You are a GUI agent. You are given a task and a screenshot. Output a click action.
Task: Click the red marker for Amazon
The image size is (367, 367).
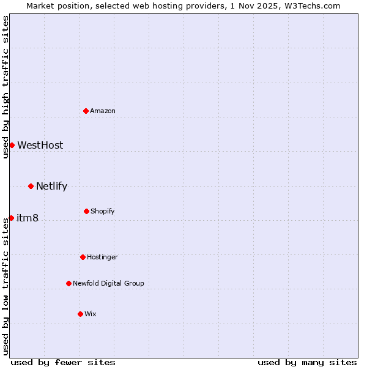point(86,111)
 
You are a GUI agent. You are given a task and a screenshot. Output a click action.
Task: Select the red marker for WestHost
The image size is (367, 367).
point(12,145)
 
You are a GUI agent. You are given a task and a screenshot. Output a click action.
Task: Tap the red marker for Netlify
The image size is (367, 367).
point(31,186)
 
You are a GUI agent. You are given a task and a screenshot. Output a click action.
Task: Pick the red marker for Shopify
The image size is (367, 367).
point(86,211)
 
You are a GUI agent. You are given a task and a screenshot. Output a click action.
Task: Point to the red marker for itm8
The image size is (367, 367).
point(11,218)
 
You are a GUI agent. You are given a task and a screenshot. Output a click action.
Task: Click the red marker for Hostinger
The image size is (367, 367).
point(83,257)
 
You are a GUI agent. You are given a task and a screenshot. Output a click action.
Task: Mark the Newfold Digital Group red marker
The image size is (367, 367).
point(69,283)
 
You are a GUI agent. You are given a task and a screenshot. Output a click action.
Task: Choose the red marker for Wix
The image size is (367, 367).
point(80,314)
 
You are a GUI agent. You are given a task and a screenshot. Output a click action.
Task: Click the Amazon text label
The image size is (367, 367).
point(103,111)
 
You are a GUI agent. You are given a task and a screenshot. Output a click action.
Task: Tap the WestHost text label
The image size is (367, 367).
point(40,145)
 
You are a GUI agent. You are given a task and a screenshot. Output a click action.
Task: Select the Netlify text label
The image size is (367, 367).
point(51,186)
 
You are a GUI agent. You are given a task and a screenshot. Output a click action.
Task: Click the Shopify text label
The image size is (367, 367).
point(103,211)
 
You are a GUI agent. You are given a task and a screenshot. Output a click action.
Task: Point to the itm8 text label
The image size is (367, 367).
point(28,218)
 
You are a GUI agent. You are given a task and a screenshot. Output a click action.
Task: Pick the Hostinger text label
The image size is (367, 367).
point(102,257)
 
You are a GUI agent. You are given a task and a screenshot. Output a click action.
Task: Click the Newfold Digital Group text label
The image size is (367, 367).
point(108,283)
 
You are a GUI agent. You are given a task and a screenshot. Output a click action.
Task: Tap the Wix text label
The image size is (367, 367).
point(91,314)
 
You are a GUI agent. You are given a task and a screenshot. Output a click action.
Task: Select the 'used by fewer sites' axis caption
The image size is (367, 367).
point(63,362)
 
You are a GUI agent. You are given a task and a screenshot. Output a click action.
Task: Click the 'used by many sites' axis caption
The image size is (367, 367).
point(307,362)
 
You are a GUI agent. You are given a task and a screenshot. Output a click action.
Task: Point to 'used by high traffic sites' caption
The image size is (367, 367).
point(6,87)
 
